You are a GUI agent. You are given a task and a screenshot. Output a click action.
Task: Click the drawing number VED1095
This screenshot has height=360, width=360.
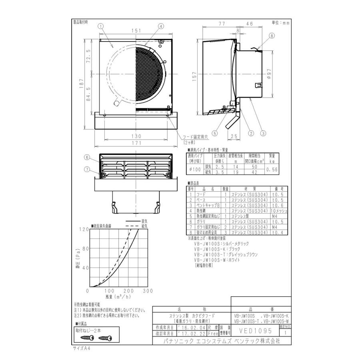coord(255,331)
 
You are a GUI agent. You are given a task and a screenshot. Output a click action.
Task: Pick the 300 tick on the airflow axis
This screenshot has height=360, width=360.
coord(148,291)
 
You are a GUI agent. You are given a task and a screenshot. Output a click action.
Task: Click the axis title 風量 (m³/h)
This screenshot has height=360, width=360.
coord(119,297)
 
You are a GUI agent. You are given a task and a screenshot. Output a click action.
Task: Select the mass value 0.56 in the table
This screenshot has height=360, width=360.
coord(272,170)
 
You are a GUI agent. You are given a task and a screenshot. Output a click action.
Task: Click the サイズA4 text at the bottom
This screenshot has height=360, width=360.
coord(82,348)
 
